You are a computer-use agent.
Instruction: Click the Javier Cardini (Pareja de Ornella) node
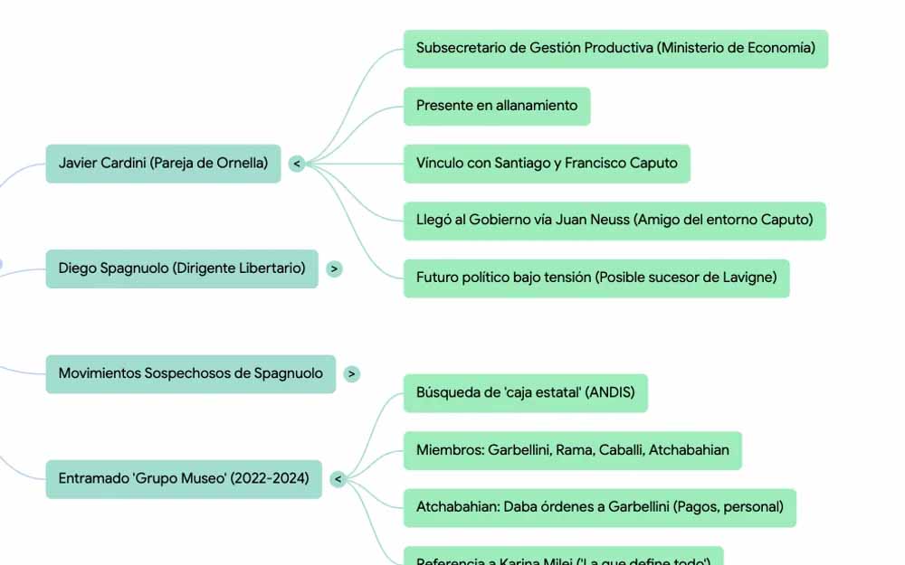click(x=163, y=164)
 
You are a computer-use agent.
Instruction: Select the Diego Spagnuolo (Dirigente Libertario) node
click(x=182, y=268)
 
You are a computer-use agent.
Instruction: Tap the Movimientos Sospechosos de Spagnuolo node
click(x=190, y=373)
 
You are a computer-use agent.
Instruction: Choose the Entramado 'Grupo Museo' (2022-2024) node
click(x=184, y=478)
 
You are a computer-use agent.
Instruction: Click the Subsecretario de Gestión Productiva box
click(x=615, y=49)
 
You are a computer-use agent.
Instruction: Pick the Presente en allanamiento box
click(x=497, y=106)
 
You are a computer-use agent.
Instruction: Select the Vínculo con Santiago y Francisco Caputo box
click(x=547, y=164)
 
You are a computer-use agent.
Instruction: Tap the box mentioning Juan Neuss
click(x=614, y=220)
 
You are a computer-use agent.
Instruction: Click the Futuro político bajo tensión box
click(x=596, y=278)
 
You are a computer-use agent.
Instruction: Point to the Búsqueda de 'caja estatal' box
click(x=525, y=393)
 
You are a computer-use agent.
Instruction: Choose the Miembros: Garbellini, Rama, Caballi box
click(x=572, y=450)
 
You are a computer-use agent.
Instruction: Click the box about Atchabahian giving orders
click(x=599, y=507)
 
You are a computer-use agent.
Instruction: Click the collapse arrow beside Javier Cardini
click(x=297, y=164)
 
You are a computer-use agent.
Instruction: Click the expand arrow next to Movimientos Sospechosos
click(x=352, y=373)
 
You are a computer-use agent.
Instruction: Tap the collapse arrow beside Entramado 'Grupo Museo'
click(x=338, y=479)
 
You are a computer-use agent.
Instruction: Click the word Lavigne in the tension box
click(x=747, y=278)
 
